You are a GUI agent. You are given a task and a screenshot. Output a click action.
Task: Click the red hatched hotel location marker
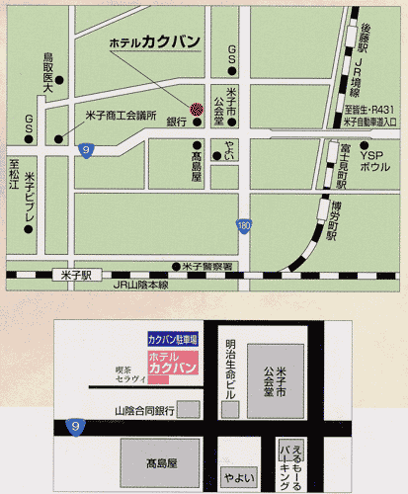pyautogui.click(x=195, y=109)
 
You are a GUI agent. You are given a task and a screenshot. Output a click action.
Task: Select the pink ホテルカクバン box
pyautogui.click(x=173, y=363)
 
